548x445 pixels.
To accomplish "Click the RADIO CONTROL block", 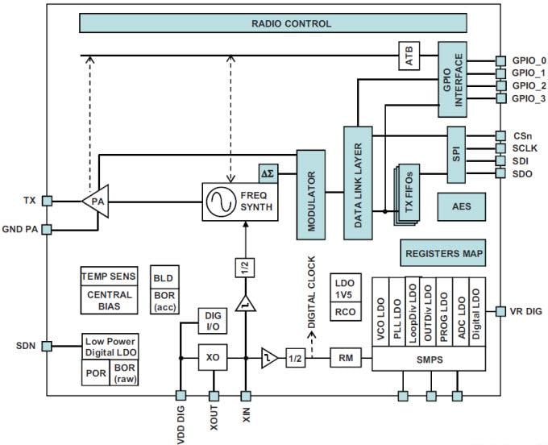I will click(x=291, y=23).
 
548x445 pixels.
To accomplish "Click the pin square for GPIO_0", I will click(x=500, y=60).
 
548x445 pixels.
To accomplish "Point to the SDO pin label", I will click(x=521, y=174).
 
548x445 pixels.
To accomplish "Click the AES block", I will click(x=461, y=207).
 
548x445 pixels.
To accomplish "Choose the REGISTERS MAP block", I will click(x=444, y=253).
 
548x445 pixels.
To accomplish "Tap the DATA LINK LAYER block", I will click(x=359, y=181).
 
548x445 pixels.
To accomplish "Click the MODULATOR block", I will click(x=309, y=193).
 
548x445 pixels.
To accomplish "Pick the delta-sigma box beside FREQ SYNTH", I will click(x=268, y=173).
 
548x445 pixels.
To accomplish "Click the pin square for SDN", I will click(x=48, y=346).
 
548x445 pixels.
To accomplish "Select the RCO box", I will click(x=345, y=312).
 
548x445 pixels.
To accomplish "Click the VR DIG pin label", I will click(x=525, y=311).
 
